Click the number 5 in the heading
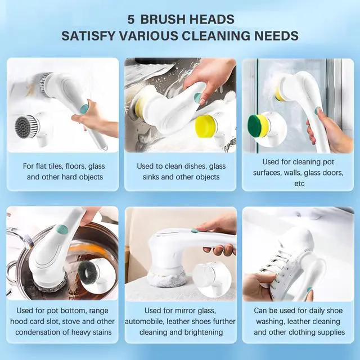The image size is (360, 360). click(x=130, y=19)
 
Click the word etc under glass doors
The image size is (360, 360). click(x=299, y=183)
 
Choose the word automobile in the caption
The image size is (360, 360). click(x=145, y=321)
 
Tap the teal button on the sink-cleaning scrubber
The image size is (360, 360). click(x=197, y=98)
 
